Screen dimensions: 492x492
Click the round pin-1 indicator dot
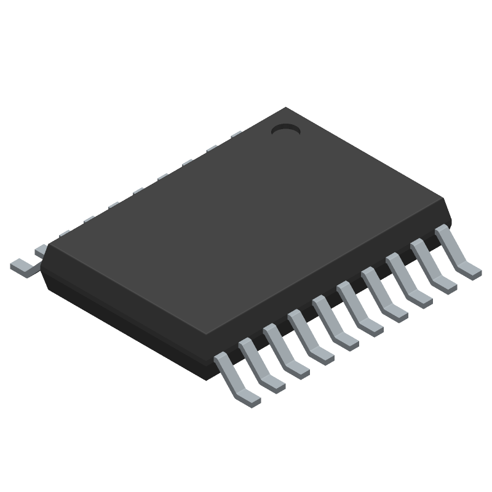[x=285, y=130]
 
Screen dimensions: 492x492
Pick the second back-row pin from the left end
[x=41, y=249]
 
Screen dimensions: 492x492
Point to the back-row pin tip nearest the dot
[x=236, y=133]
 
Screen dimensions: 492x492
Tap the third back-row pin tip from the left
[x=64, y=234]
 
